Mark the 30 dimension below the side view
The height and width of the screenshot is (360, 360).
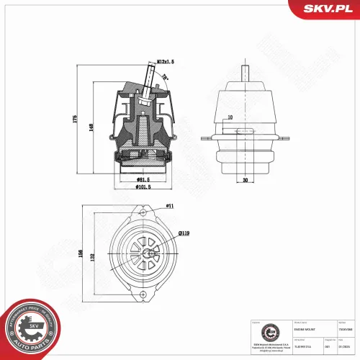pyautogui.click(x=245, y=181)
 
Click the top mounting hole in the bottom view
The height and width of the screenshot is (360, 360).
pyautogui.click(x=145, y=215)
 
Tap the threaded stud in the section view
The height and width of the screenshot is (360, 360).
pyautogui.click(x=149, y=78)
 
